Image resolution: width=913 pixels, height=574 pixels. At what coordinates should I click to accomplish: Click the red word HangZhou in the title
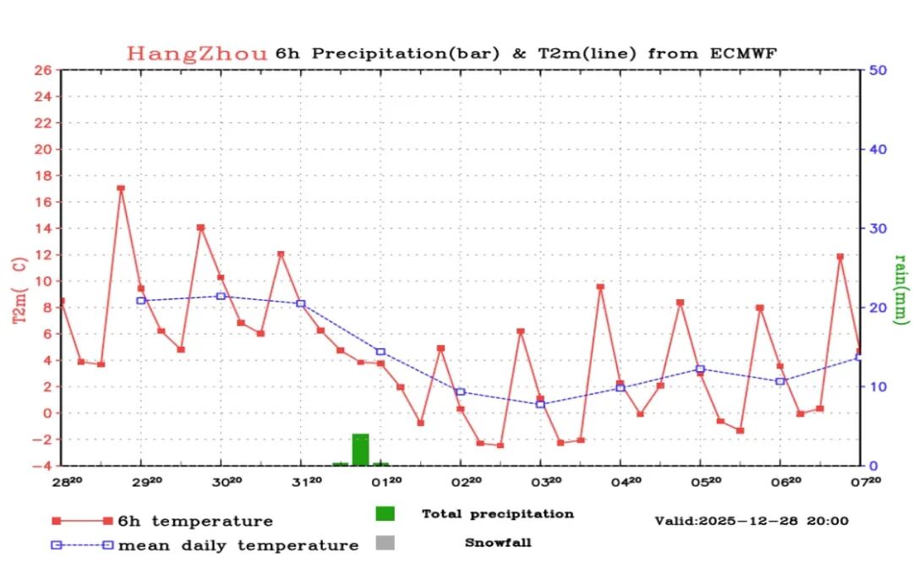[x=197, y=53]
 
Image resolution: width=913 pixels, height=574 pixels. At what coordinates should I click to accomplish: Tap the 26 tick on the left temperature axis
[x=43, y=70]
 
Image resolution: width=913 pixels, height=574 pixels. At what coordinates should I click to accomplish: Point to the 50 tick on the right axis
[x=877, y=70]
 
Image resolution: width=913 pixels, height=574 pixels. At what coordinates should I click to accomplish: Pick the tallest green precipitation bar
[x=361, y=449]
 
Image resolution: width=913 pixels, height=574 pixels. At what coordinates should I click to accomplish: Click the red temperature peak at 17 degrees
[x=121, y=189]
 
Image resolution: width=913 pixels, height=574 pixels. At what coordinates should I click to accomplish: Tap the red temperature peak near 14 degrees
[x=200, y=227]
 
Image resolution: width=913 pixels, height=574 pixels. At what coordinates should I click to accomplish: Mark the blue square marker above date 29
[x=141, y=300]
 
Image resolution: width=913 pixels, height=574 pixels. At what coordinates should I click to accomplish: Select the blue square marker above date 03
[x=540, y=404]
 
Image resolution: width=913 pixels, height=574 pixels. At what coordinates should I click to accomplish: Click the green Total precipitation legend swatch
[x=385, y=513]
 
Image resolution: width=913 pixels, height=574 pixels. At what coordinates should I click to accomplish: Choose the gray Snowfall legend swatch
[x=385, y=543]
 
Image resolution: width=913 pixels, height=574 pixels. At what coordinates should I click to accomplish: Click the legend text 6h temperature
[x=195, y=522]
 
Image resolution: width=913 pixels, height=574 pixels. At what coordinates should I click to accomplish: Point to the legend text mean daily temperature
[x=238, y=546]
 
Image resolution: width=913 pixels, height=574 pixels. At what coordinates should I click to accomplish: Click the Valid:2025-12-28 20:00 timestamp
[x=752, y=521]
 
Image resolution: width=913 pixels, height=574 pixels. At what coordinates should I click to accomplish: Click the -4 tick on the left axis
[x=43, y=466]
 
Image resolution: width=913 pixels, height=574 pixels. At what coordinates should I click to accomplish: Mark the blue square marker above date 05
[x=700, y=369]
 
